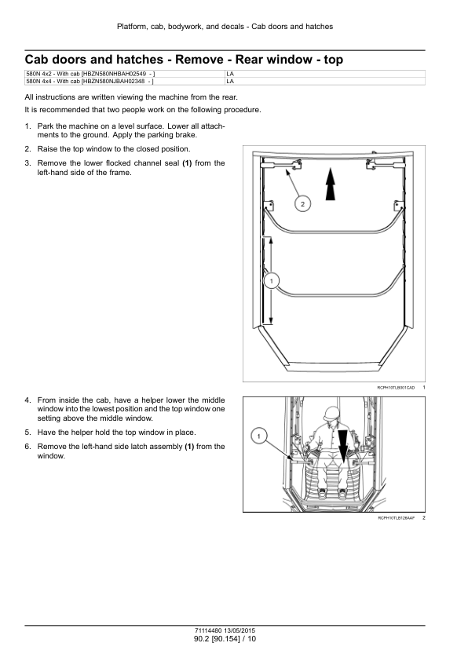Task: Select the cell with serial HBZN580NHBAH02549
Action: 124,73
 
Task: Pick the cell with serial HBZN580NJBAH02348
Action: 124,80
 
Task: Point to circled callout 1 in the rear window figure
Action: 271,280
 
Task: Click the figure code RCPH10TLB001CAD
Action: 395,388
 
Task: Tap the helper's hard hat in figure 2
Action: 332,413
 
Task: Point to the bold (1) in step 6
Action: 189,446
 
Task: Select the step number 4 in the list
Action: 27,400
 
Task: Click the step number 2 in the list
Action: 27,148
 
